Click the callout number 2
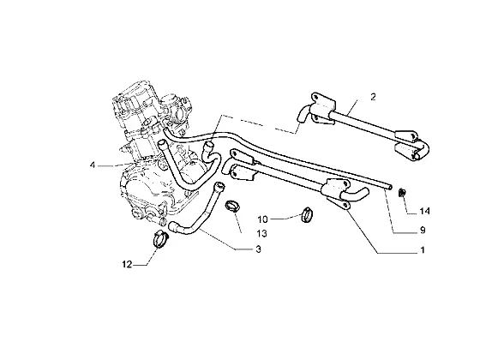373,97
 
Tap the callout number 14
424,211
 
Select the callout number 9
423,230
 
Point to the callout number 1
423,250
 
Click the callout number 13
261,233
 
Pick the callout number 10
262,219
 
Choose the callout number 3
258,249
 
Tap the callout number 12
127,264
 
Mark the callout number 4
93,165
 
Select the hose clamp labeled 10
307,214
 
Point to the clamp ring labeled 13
232,206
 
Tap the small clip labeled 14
402,193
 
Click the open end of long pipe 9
390,187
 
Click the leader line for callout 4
116,165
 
